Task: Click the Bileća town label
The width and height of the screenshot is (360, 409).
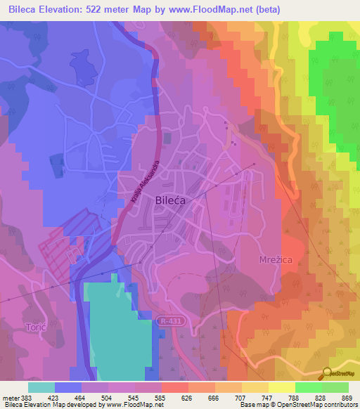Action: (x=169, y=201)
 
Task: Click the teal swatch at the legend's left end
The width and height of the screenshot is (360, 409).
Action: (x=41, y=387)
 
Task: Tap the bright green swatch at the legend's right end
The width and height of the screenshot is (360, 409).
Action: (x=335, y=387)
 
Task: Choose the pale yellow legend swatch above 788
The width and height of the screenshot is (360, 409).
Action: (x=281, y=387)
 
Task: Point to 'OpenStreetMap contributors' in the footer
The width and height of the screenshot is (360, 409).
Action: (x=309, y=405)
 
